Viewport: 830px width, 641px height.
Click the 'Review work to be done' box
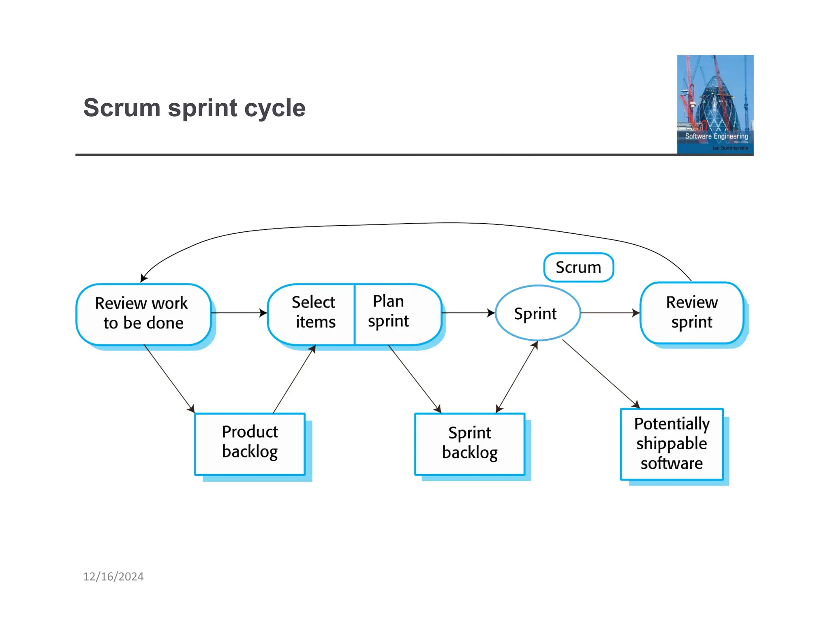(143, 314)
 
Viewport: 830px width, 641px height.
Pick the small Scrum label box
(578, 267)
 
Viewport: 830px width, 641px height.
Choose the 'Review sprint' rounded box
(691, 313)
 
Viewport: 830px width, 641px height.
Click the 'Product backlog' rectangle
(250, 443)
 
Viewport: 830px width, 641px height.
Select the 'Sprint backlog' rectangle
(469, 444)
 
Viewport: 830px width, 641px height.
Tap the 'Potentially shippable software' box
(672, 444)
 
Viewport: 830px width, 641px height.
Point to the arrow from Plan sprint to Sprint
(468, 313)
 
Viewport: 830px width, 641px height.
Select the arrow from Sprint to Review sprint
(610, 313)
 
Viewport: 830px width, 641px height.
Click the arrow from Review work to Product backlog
(169, 378)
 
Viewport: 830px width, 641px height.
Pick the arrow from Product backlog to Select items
(294, 379)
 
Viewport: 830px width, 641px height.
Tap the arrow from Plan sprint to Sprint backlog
(414, 378)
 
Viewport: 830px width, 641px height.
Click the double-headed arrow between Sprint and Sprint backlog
(517, 377)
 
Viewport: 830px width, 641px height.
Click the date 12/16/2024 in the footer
(113, 577)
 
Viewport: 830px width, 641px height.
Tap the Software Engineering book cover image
(715, 105)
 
